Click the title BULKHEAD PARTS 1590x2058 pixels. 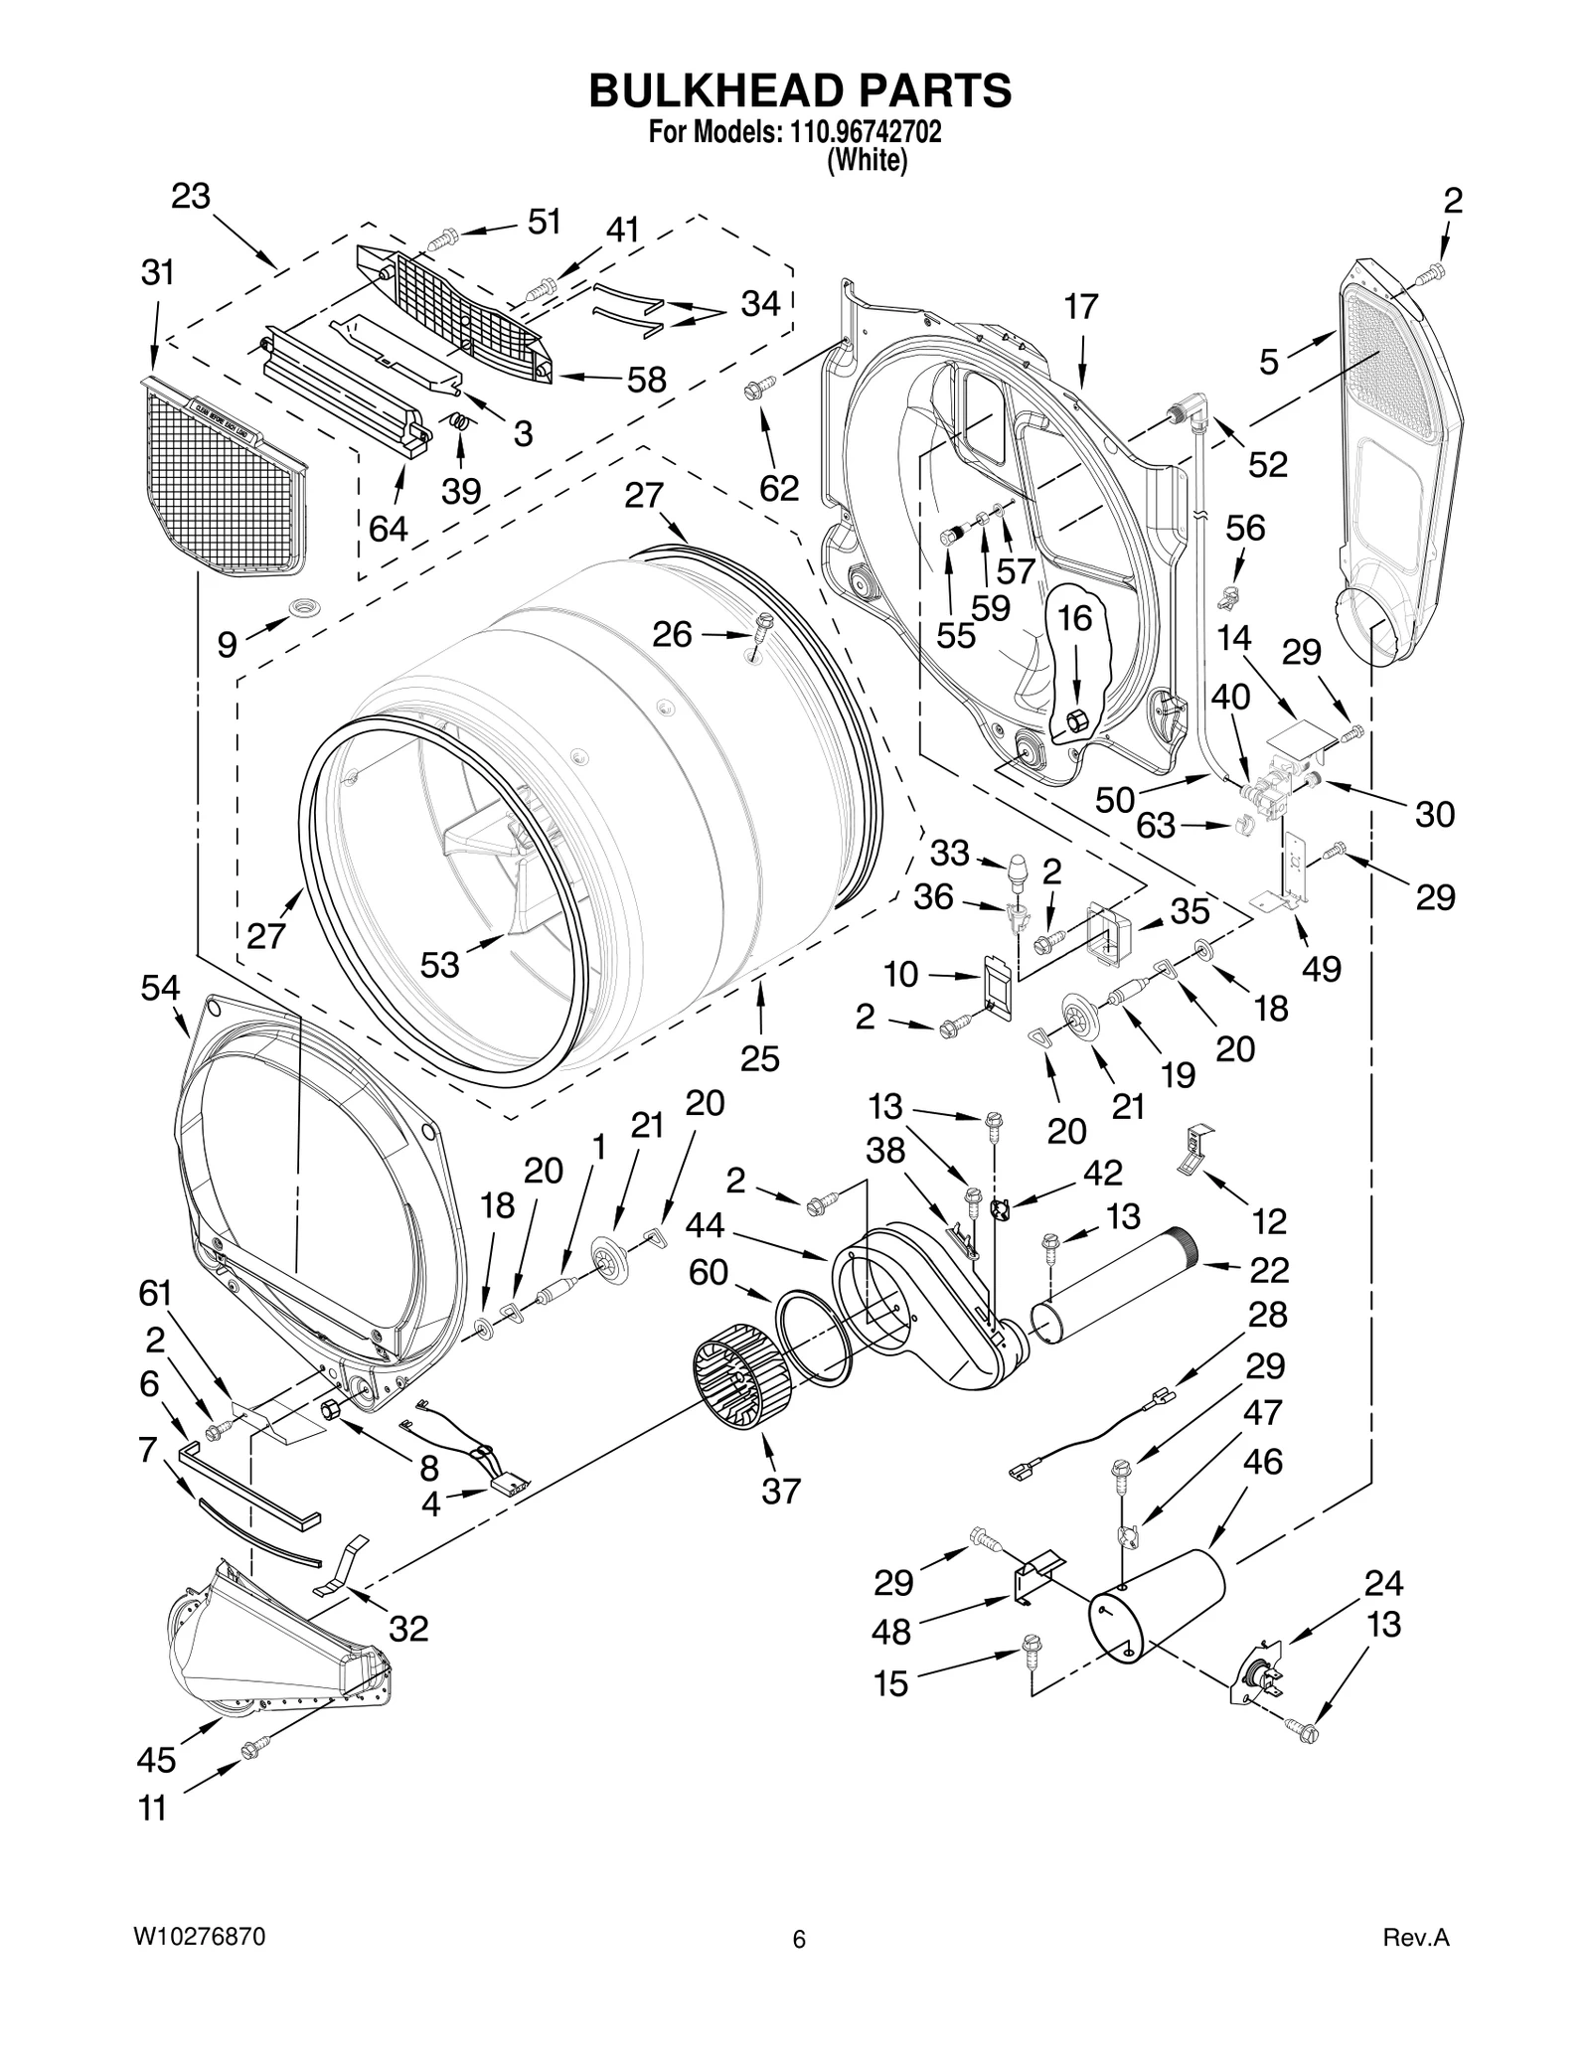pyautogui.click(x=800, y=90)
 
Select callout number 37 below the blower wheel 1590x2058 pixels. pyautogui.click(x=780, y=1491)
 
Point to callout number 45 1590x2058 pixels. pyautogui.click(x=156, y=1759)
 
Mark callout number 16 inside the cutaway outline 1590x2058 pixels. pyautogui.click(x=1074, y=618)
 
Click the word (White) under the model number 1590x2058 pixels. pyautogui.click(x=867, y=161)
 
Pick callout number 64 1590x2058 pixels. pyautogui.click(x=388, y=529)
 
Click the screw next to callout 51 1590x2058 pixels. pyautogui.click(x=443, y=239)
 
